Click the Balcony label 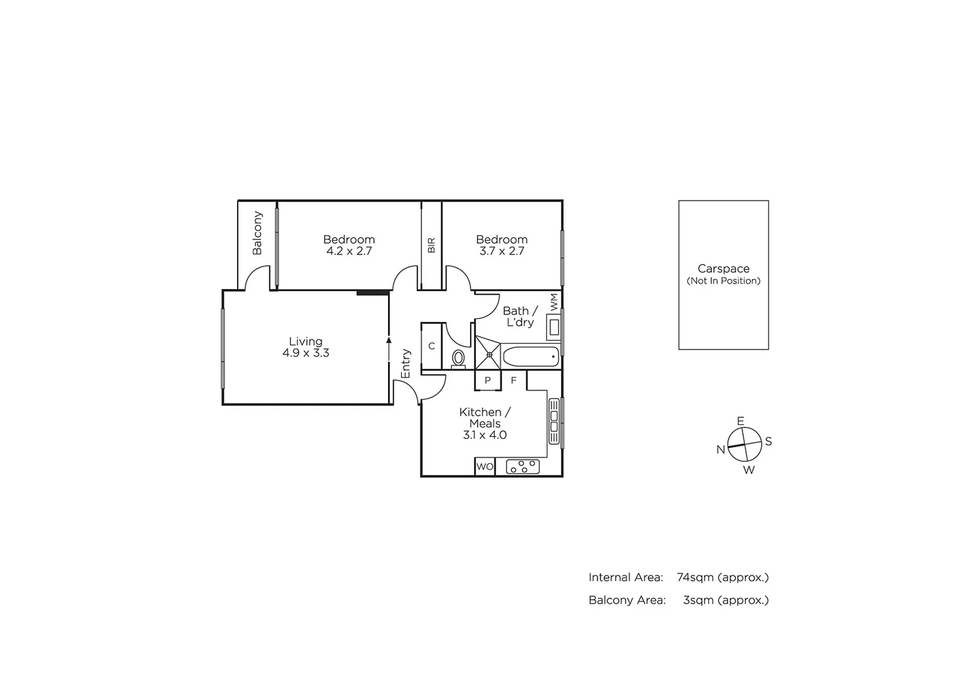[x=257, y=233]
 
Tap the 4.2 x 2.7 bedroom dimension [x=349, y=251]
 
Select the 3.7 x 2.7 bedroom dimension [x=502, y=251]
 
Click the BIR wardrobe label [x=431, y=245]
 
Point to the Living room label [x=306, y=342]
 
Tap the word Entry [x=406, y=364]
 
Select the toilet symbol [x=458, y=359]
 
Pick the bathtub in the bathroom [x=530, y=357]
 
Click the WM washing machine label [x=554, y=302]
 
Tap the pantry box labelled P [x=488, y=380]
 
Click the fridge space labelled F [x=513, y=380]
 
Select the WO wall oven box [x=485, y=467]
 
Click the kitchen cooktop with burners [x=523, y=466]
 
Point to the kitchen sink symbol [x=554, y=421]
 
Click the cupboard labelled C [x=431, y=346]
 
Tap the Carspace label [x=724, y=269]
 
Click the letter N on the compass [x=721, y=449]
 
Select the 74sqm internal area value [x=695, y=577]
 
